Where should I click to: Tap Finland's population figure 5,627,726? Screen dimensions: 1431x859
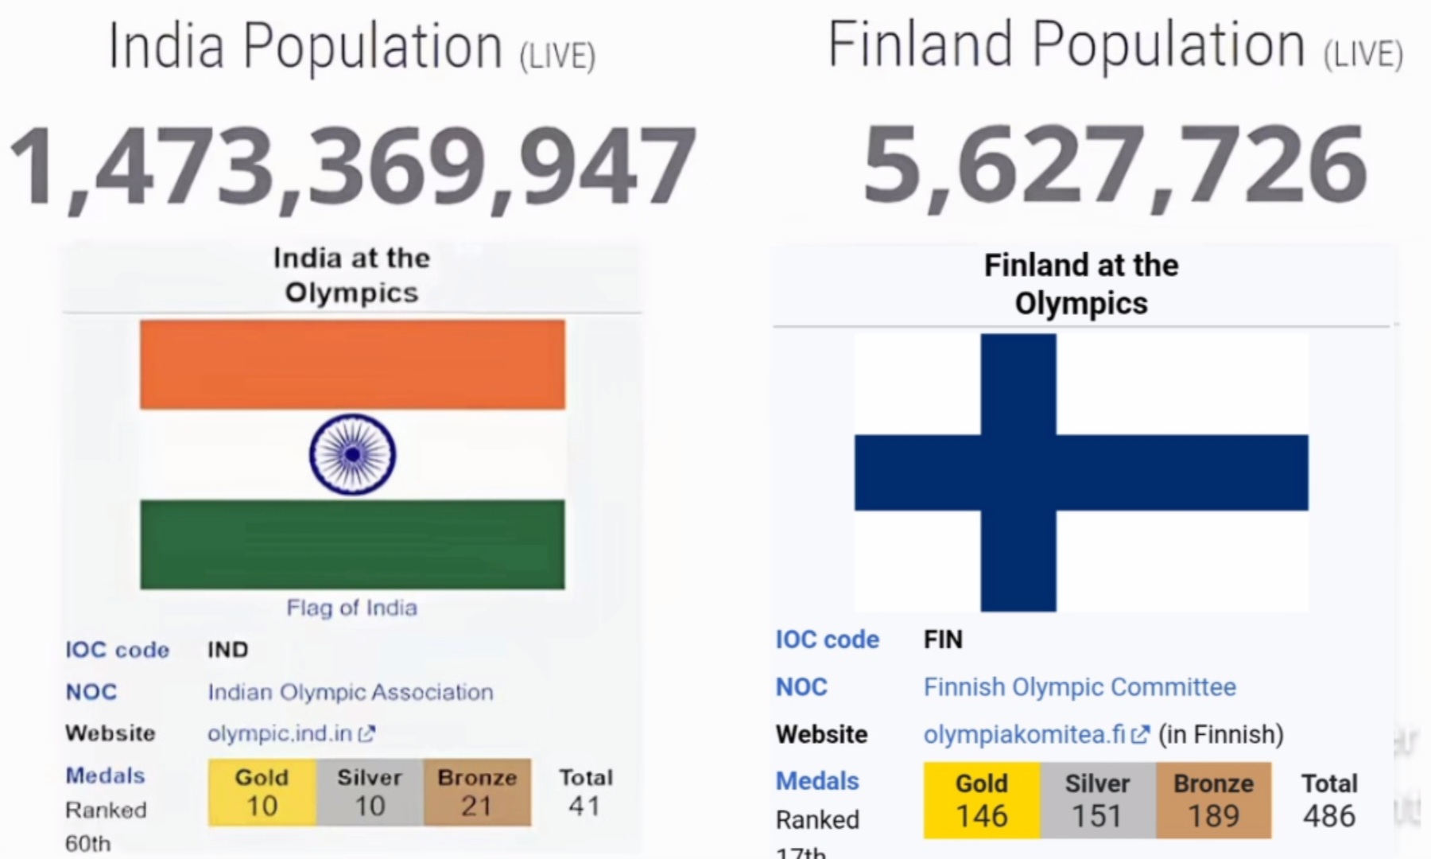1115,165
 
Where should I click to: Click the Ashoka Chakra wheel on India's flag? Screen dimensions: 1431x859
352,454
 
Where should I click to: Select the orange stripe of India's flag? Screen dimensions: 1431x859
352,364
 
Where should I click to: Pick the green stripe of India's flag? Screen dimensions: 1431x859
352,544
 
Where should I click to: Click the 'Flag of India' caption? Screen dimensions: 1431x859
351,608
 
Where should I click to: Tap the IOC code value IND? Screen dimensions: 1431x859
228,650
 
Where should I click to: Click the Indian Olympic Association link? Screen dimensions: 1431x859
351,692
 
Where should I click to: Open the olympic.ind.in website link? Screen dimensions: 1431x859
291,733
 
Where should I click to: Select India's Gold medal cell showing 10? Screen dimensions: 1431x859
262,792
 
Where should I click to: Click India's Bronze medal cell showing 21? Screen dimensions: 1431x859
477,792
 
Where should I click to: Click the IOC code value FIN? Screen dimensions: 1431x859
943,639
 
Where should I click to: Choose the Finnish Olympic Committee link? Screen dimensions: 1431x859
1080,686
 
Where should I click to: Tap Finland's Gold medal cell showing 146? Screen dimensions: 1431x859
982,800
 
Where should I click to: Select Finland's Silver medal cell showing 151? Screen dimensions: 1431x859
1098,800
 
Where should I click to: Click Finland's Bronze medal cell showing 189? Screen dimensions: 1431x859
1214,800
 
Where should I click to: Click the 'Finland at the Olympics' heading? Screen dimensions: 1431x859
1081,284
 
